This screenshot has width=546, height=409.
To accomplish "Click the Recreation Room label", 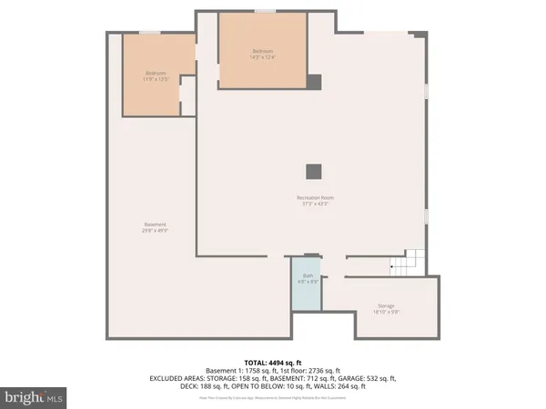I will click(312, 197).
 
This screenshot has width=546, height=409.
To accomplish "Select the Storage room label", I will click(387, 305).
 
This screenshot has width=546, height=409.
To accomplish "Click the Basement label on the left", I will click(155, 224).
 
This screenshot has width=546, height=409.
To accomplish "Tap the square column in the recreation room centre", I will click(313, 171).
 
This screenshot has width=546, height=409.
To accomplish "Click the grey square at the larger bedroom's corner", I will click(313, 82).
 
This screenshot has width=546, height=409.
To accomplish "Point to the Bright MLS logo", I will click(34, 397).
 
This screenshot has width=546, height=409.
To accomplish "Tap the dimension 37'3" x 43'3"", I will click(312, 204).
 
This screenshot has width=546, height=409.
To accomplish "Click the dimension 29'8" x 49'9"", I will click(155, 231).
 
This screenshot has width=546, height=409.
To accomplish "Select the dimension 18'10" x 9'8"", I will click(387, 312).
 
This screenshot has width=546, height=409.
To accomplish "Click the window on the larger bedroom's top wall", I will click(265, 11).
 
